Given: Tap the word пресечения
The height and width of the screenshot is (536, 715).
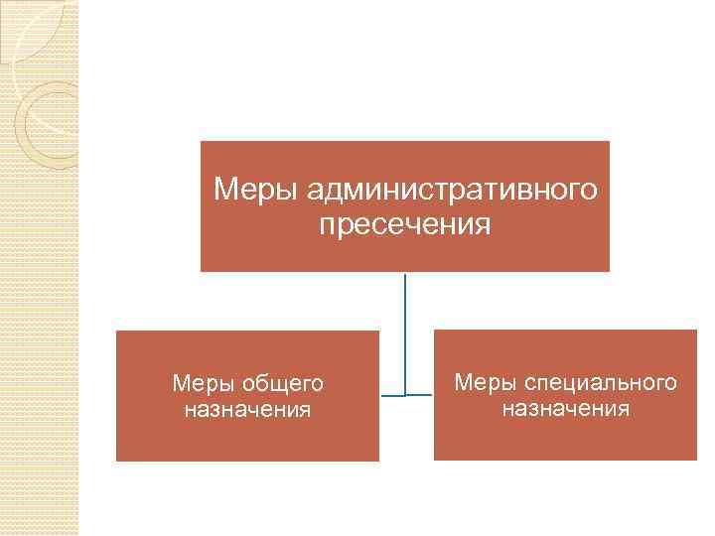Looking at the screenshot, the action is [405, 225].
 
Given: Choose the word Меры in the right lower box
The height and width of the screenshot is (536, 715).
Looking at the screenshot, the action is [485, 382].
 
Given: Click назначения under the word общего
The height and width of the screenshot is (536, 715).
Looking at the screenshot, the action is [247, 409].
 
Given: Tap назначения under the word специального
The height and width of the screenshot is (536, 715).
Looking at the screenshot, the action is [565, 408].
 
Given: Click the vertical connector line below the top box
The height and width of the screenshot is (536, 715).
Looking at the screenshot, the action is [405, 318].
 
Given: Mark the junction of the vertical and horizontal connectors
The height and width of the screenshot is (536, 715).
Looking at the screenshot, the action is [405, 396].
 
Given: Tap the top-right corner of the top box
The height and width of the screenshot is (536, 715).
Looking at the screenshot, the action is [608, 142].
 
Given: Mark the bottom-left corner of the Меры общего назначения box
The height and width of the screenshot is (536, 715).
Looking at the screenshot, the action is [117, 460].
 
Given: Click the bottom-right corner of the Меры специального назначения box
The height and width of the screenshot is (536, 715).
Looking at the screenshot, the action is [696, 459].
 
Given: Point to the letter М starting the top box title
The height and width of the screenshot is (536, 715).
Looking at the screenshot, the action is [224, 188].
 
